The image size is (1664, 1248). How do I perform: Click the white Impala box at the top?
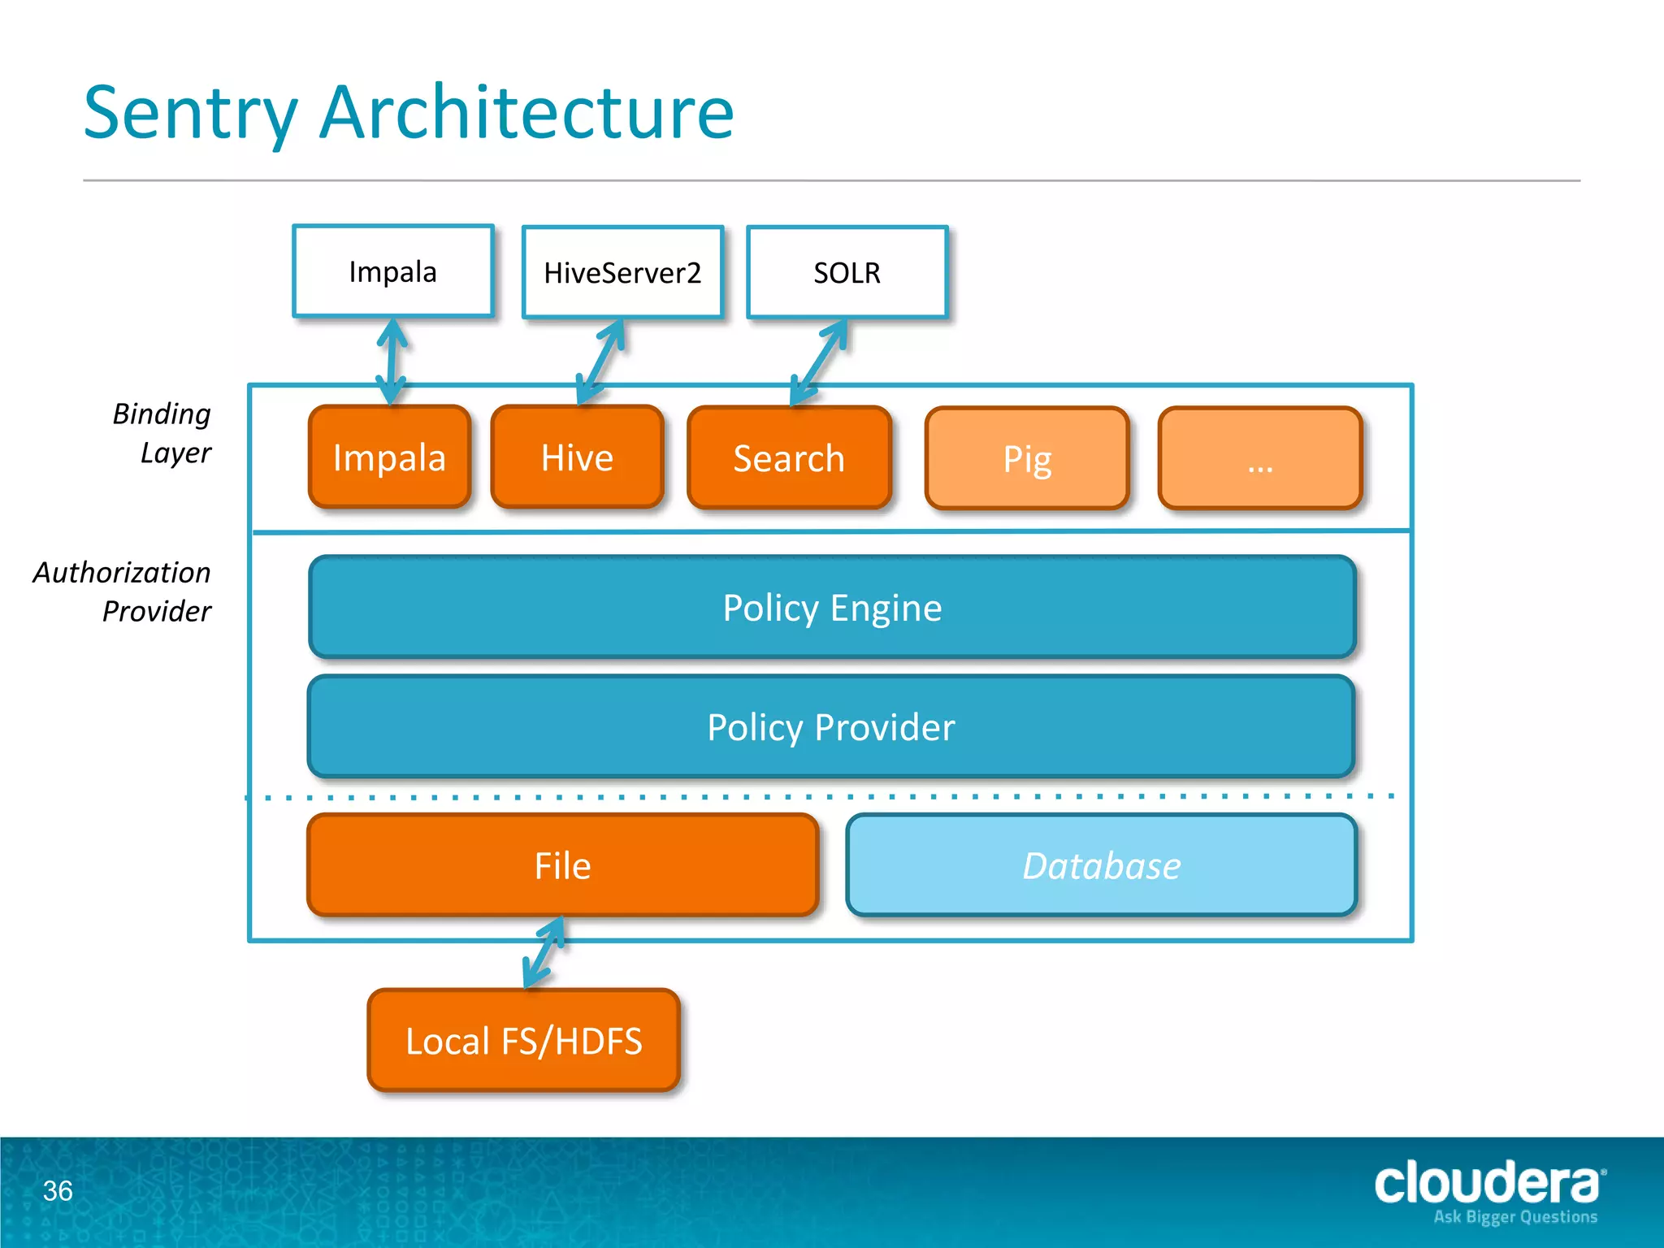click(392, 271)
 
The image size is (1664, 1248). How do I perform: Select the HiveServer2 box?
click(622, 272)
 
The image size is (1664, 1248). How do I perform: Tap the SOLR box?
click(847, 272)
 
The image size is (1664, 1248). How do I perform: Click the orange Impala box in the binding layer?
click(389, 457)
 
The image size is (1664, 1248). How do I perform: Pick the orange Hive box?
click(577, 457)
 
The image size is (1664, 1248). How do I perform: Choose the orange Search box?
click(789, 458)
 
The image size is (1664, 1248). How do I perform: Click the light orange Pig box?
click(1027, 459)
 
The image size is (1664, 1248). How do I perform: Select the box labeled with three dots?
click(1259, 459)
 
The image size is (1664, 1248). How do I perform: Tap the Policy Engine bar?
click(832, 607)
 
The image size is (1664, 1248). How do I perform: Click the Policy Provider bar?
click(830, 726)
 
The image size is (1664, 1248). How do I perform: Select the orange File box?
click(562, 865)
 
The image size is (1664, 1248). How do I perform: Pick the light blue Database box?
click(1101, 865)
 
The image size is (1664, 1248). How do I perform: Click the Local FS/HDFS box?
click(523, 1040)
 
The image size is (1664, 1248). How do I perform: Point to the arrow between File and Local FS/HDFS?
click(544, 952)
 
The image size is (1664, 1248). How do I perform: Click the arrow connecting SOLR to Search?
click(819, 362)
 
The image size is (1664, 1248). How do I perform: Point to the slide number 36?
click(58, 1190)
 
